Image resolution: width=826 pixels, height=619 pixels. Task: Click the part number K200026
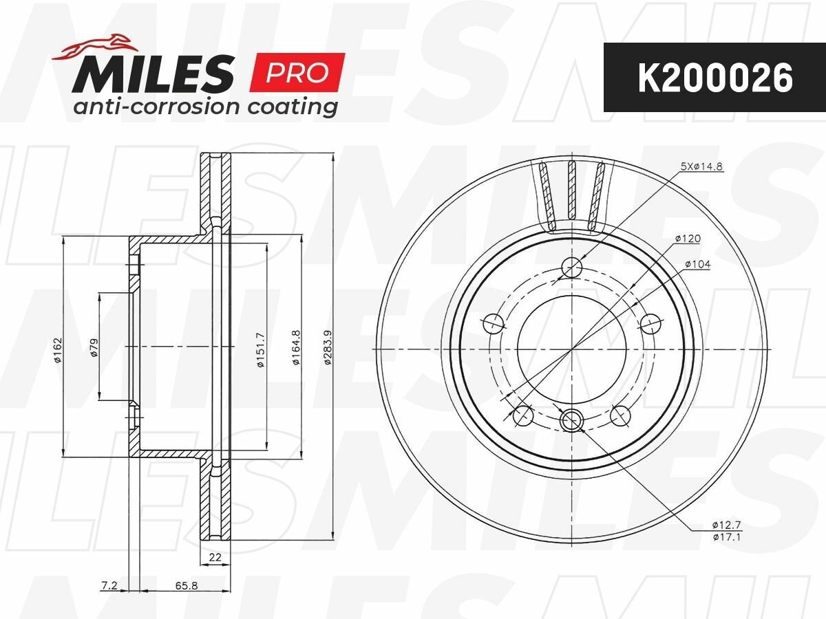(x=715, y=78)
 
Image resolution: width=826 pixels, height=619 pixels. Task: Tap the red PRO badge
(x=297, y=72)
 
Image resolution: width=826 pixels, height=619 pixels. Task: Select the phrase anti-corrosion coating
(x=205, y=107)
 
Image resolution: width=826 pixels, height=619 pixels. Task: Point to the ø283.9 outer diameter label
(x=327, y=347)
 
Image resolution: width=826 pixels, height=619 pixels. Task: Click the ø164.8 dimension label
(x=297, y=347)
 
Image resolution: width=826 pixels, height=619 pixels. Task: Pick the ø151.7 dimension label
(x=261, y=349)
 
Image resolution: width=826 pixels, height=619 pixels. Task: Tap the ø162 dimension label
(x=58, y=350)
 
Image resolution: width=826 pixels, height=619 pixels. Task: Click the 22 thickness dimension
(x=215, y=557)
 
